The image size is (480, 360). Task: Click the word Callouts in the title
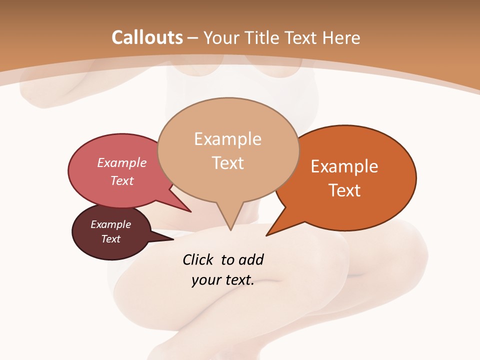point(147,37)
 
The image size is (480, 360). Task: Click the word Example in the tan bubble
point(227,139)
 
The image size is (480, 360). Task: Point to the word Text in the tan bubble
point(227,163)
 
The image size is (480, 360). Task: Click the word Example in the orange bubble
point(344,166)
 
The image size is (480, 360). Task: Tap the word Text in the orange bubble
point(344,190)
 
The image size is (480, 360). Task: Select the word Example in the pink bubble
point(122,162)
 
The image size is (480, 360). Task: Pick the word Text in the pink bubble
point(122,180)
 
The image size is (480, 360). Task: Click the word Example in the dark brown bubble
point(111,224)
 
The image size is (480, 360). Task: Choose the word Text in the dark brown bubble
point(111,239)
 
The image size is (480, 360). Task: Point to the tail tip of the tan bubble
point(230,229)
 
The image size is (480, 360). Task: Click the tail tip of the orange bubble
point(267,234)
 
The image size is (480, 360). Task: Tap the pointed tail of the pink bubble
point(190,211)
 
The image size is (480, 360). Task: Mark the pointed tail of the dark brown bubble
point(172,239)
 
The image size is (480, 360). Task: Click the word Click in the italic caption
point(198,259)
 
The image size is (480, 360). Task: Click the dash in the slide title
point(193,38)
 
